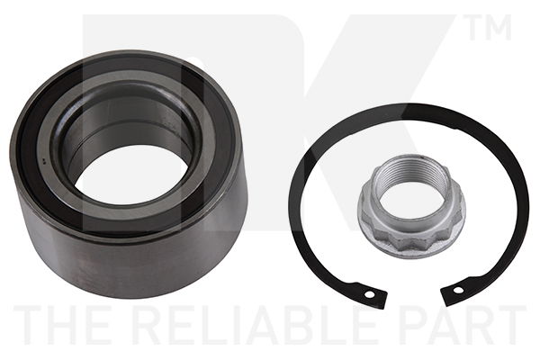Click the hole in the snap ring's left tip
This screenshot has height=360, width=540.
click(x=370, y=295)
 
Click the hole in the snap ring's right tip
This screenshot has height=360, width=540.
click(x=458, y=291)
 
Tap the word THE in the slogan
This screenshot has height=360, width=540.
click(x=66, y=325)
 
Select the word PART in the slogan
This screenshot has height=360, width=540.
click(x=463, y=325)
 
